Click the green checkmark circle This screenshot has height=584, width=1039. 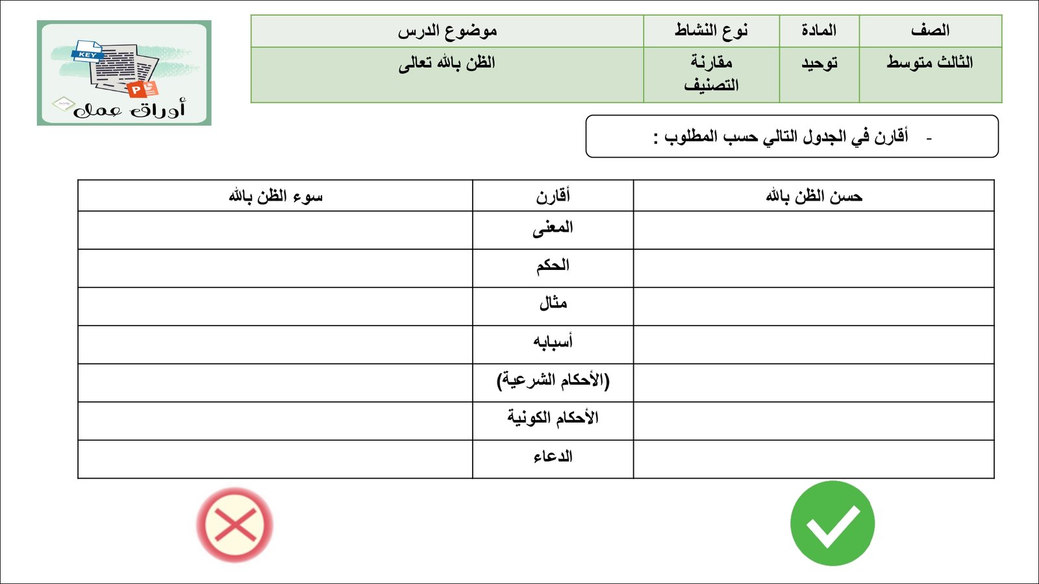tap(832, 523)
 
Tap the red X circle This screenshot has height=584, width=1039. tap(234, 524)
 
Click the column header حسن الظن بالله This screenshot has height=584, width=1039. tap(814, 196)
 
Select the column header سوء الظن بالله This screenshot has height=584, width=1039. tap(275, 196)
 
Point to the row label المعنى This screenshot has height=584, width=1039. tap(553, 228)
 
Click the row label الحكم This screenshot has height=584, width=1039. tap(553, 266)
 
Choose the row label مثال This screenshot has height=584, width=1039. tap(553, 304)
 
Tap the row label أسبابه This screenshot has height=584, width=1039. tap(553, 342)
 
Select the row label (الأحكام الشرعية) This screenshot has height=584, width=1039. tap(553, 380)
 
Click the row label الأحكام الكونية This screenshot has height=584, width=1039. tap(553, 418)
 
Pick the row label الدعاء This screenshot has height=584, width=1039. tap(553, 457)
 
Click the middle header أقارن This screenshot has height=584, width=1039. tap(553, 196)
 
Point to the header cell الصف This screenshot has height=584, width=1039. tap(930, 30)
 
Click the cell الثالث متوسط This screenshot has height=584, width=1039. tap(930, 63)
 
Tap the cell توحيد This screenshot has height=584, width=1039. tap(819, 63)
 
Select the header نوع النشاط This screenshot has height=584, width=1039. tap(711, 30)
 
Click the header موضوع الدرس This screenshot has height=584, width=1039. tap(447, 30)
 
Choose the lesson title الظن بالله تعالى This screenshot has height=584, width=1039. tap(447, 63)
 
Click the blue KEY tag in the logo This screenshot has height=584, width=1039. tap(88, 55)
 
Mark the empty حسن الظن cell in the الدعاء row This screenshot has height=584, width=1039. tap(814, 459)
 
